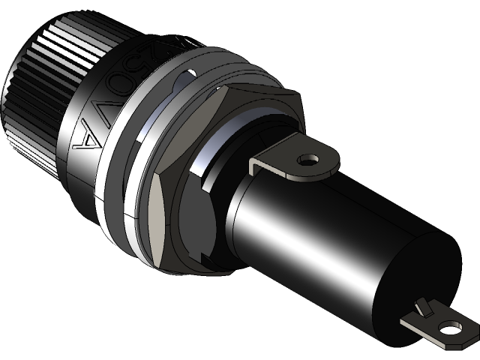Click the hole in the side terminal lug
[308, 160]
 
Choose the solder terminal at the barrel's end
[439, 325]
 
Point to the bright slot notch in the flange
[188, 75]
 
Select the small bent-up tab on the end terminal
[424, 306]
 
